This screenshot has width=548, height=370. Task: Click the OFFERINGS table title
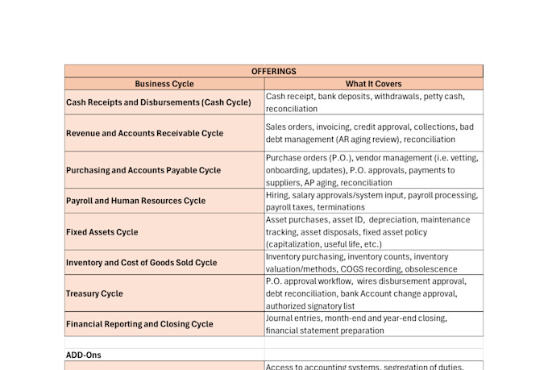click(273, 71)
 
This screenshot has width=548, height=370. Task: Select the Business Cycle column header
click(164, 84)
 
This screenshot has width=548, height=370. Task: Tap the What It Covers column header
click(373, 84)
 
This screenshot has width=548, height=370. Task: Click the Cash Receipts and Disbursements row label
click(158, 102)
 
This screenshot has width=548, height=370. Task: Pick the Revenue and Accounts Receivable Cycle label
click(144, 133)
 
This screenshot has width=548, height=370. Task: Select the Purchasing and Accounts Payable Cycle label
click(143, 170)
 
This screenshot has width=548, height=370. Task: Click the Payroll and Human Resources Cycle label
click(135, 201)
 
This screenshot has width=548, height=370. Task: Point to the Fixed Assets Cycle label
click(102, 232)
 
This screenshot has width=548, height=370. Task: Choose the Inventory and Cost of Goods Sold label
click(141, 263)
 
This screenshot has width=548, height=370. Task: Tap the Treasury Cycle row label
click(94, 293)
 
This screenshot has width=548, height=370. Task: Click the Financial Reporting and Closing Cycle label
click(139, 324)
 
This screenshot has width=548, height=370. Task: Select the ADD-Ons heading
click(83, 355)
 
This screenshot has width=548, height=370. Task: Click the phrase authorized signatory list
click(309, 306)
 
